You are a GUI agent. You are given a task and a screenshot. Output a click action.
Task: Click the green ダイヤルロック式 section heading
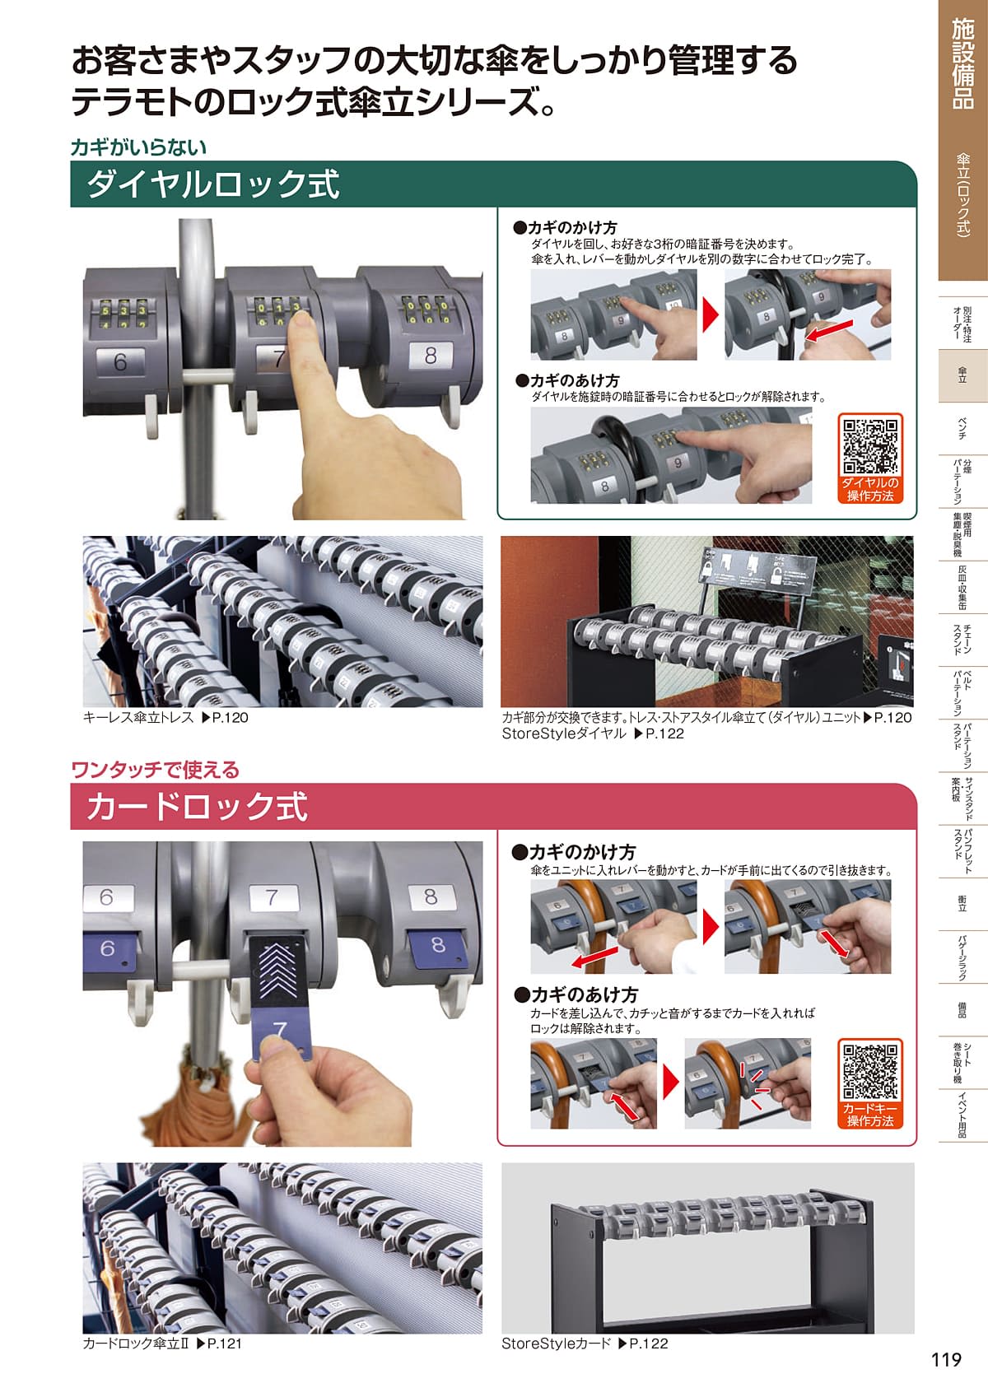point(213,184)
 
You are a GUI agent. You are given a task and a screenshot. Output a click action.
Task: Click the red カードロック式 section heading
point(197,807)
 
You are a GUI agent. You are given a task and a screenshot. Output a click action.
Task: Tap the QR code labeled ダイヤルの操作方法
point(870,446)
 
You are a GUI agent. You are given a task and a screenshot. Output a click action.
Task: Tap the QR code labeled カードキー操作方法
point(870,1072)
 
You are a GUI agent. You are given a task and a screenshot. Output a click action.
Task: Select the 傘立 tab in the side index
point(962,375)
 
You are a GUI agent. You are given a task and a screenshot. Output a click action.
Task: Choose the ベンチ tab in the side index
point(962,428)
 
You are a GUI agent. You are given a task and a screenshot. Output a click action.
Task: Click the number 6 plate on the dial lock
point(120,361)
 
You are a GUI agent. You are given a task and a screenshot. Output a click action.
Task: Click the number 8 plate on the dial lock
point(431,356)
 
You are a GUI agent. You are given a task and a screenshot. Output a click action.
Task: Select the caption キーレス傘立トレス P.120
point(165,718)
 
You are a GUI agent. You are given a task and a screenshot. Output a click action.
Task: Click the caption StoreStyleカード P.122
point(585,1343)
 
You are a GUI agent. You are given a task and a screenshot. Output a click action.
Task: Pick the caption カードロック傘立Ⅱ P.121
point(162,1343)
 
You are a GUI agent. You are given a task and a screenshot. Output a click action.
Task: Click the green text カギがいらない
point(138,147)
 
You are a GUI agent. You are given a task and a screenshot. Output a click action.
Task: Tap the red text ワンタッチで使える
point(156,771)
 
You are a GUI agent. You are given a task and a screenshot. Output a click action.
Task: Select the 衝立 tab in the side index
point(962,905)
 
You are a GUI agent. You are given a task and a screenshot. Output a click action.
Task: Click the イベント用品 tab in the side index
point(962,1115)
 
